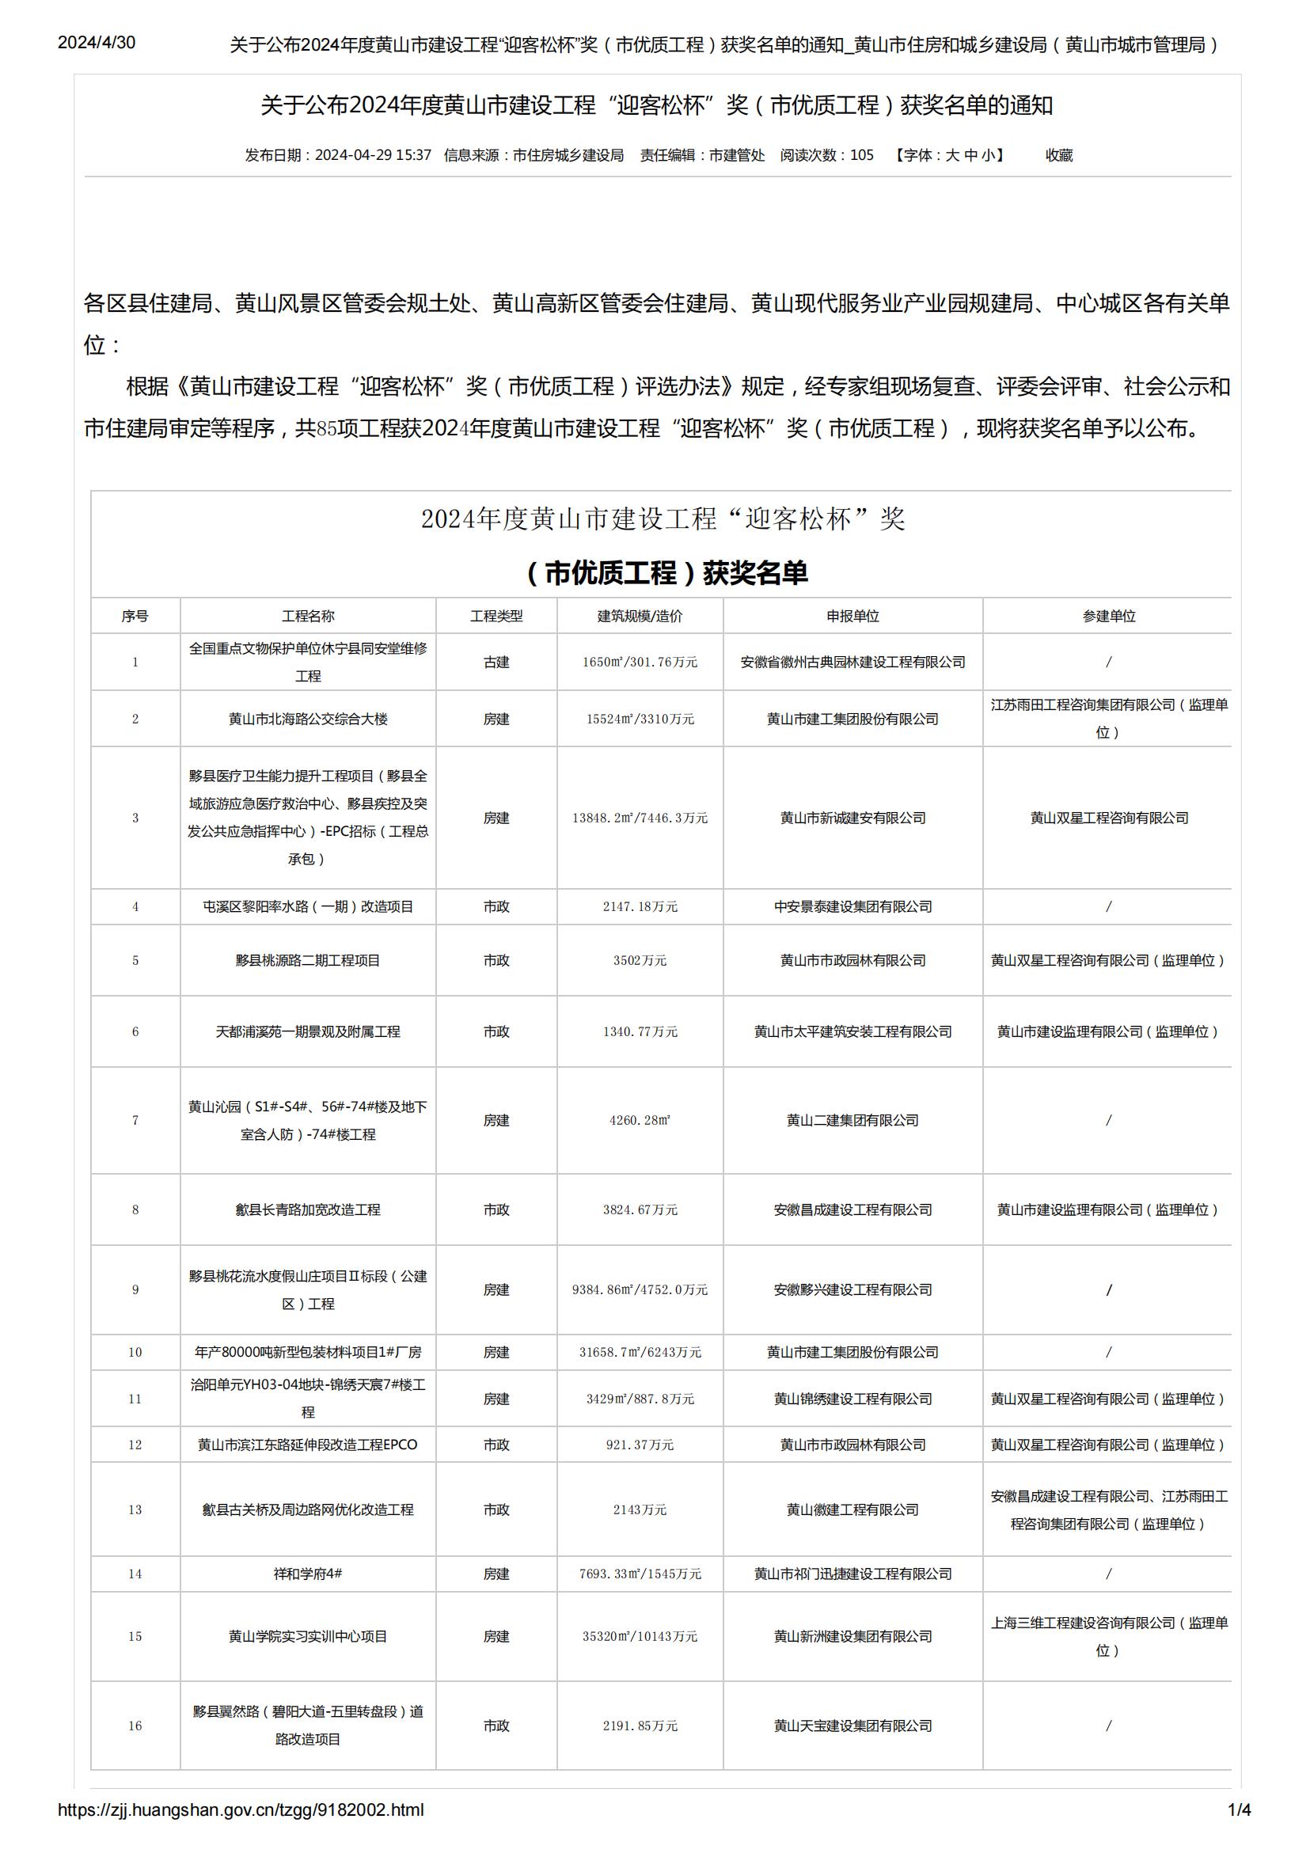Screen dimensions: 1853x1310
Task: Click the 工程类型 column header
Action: click(496, 616)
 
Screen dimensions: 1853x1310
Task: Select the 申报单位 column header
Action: click(852, 616)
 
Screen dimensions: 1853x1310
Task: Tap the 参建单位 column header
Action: click(1108, 616)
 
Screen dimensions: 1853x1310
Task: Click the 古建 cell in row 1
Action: click(496, 662)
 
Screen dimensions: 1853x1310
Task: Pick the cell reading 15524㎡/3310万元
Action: click(640, 718)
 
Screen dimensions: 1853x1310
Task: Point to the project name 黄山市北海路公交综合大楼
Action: click(308, 718)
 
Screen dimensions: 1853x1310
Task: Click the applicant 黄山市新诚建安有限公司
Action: click(852, 818)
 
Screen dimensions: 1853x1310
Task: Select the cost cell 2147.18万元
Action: click(640, 906)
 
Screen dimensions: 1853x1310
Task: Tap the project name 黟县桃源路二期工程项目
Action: click(308, 960)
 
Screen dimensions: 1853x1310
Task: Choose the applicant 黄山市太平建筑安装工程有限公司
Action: click(852, 1031)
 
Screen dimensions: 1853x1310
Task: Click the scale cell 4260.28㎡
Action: click(640, 1120)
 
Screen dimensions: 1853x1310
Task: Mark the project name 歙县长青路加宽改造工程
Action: click(308, 1209)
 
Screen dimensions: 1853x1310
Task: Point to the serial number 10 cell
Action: click(135, 1352)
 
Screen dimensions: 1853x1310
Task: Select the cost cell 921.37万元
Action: click(640, 1445)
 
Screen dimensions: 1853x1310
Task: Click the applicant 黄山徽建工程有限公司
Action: click(852, 1509)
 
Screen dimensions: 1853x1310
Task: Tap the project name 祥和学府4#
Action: click(308, 1574)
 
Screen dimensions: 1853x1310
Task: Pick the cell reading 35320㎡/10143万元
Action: click(640, 1637)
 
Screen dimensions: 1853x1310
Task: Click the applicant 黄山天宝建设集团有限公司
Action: click(852, 1726)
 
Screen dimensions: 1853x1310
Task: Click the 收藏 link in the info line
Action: click(1059, 155)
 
